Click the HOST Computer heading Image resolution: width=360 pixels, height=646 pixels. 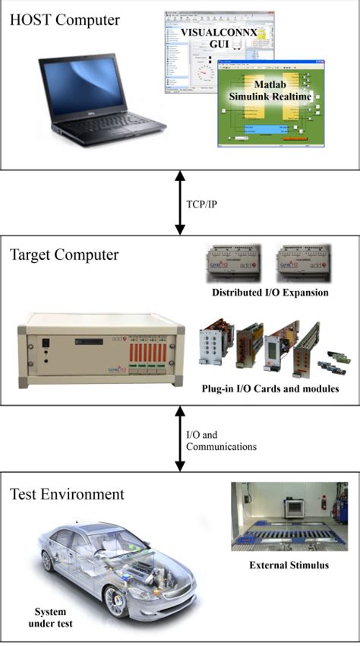tap(65, 20)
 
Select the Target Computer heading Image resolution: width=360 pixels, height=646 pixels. tap(65, 255)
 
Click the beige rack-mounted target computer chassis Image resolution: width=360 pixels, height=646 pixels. tap(102, 349)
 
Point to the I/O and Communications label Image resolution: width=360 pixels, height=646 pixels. tap(221, 441)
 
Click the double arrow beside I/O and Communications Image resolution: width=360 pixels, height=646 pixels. tap(180, 439)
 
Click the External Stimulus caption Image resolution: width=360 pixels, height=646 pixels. tap(289, 565)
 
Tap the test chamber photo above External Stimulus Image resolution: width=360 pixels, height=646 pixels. tap(289, 516)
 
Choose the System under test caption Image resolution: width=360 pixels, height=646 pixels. tap(52, 618)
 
